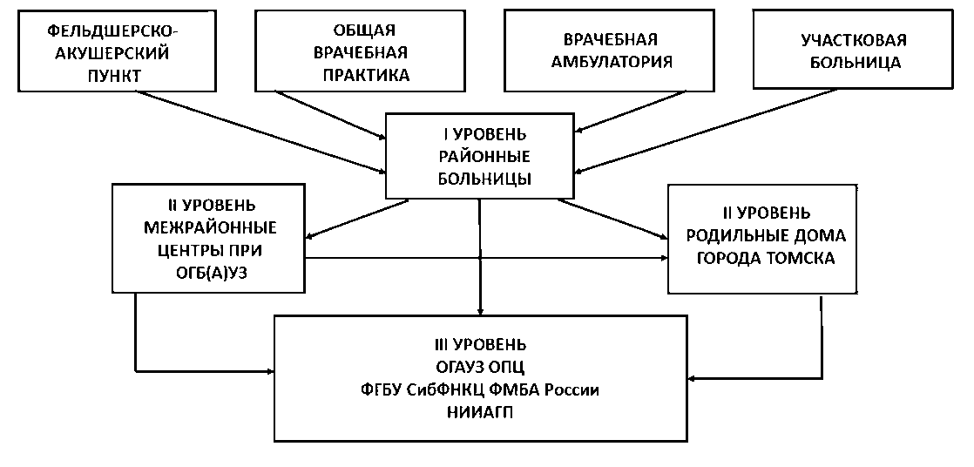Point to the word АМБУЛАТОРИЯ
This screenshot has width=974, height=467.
(x=618, y=62)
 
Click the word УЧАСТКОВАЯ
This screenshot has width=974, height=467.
(x=854, y=40)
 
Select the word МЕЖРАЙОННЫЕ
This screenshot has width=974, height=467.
(x=210, y=229)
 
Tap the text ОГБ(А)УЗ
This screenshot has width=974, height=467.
(x=210, y=274)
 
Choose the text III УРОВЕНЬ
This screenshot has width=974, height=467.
(x=480, y=344)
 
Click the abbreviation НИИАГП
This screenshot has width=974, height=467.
(x=480, y=412)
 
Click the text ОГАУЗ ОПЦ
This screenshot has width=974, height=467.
(x=480, y=367)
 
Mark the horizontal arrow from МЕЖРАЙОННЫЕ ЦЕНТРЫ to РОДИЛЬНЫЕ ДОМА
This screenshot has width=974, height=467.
(x=488, y=258)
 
